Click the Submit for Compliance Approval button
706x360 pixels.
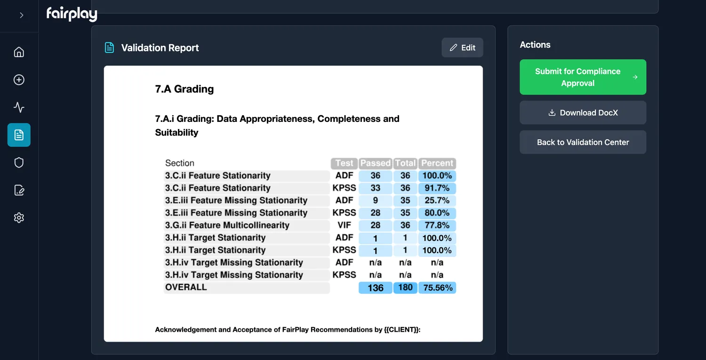(x=583, y=77)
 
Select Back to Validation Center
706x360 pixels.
(x=583, y=142)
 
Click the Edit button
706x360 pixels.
(x=462, y=48)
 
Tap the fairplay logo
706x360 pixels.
(x=72, y=14)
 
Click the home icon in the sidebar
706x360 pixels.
(x=19, y=52)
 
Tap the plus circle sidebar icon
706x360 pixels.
(x=19, y=80)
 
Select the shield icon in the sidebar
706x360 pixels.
(x=19, y=162)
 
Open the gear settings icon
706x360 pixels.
(x=19, y=218)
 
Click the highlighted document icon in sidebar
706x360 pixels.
(x=19, y=135)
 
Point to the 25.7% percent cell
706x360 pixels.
(x=437, y=200)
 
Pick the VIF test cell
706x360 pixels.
(x=344, y=225)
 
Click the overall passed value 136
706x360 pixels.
(x=375, y=288)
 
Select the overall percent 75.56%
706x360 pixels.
(x=437, y=288)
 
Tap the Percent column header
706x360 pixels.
(x=437, y=163)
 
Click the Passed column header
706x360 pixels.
(x=375, y=163)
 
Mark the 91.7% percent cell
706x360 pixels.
(x=437, y=188)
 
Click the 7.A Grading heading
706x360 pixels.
(x=185, y=89)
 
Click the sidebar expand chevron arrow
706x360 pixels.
(x=21, y=16)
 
